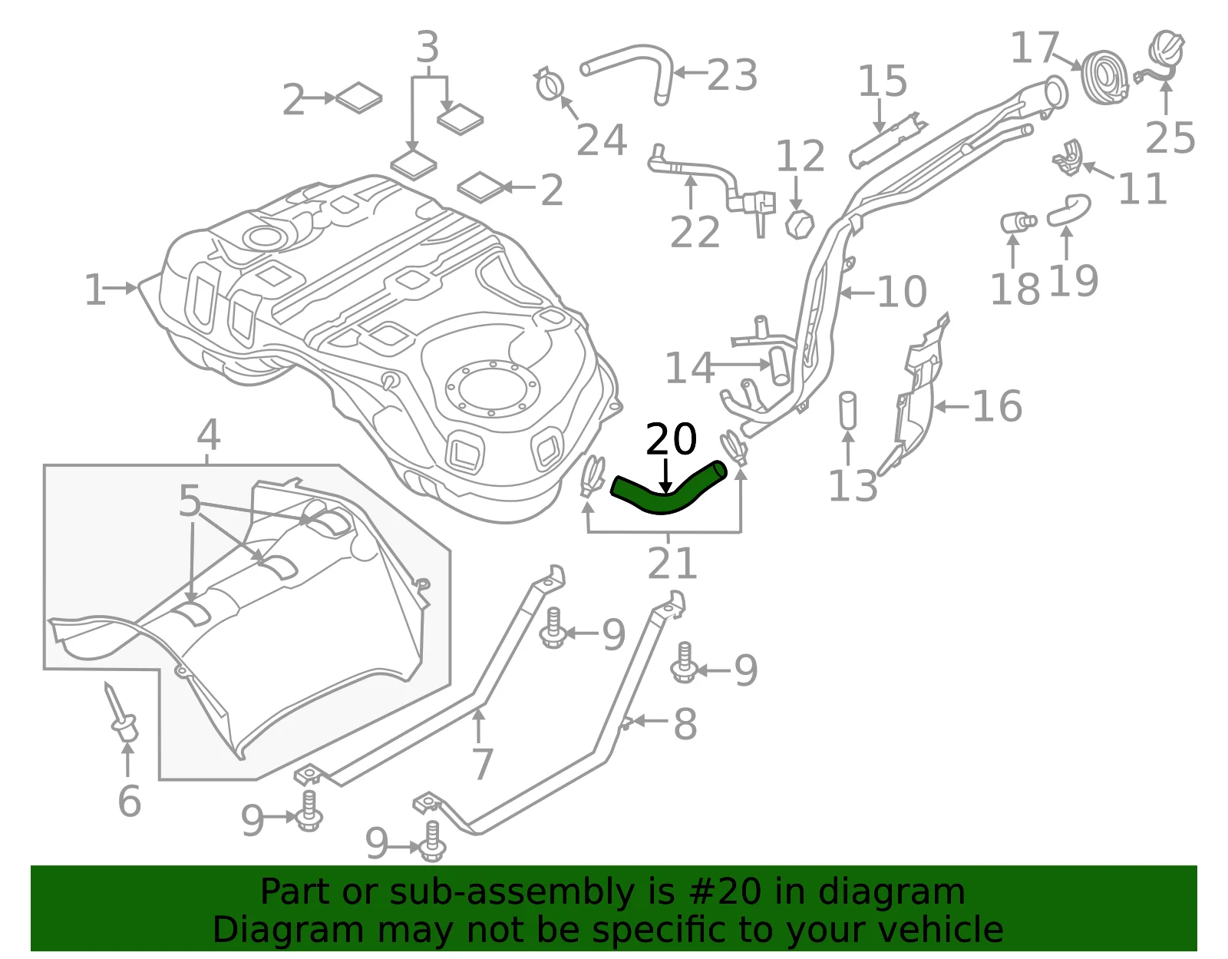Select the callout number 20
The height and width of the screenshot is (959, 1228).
point(672,440)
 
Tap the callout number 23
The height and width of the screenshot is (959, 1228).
point(732,75)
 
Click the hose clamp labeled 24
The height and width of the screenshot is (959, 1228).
point(550,84)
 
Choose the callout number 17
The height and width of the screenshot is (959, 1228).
point(1034,48)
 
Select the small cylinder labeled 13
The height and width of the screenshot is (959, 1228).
point(847,411)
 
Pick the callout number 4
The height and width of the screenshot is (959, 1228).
point(209,435)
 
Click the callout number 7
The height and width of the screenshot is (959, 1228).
point(483,764)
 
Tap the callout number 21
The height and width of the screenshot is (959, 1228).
point(672,563)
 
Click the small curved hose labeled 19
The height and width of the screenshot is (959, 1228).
point(1068,210)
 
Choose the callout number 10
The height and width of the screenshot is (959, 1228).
point(902,292)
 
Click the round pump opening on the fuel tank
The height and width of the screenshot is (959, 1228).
point(492,389)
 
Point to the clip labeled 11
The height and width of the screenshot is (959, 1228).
point(1068,157)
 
